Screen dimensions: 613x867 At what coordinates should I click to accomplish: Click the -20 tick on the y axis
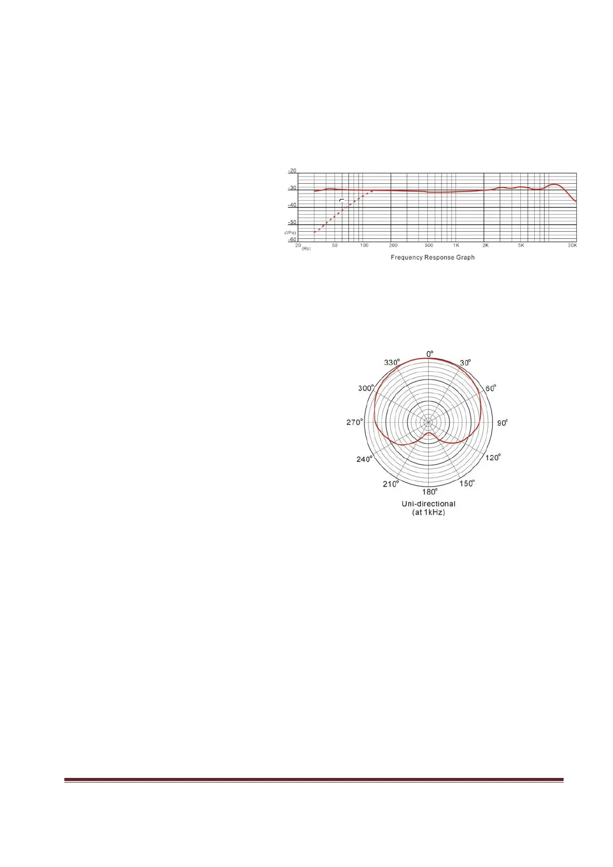(x=292, y=171)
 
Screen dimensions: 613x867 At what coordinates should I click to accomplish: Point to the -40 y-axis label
(x=292, y=205)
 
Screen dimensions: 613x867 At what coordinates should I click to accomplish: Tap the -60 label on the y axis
(x=292, y=239)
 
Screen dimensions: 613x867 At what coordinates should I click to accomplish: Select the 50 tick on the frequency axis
(x=335, y=246)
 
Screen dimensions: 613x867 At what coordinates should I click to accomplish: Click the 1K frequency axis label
(x=456, y=246)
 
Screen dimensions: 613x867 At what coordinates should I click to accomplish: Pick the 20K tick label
(x=572, y=246)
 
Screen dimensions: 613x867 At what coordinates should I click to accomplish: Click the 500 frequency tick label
(x=429, y=246)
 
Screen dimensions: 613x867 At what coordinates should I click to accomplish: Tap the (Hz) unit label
(x=306, y=249)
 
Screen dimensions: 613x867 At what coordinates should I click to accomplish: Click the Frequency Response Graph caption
(x=433, y=257)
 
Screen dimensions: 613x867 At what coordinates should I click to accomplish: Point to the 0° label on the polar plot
(x=430, y=354)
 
